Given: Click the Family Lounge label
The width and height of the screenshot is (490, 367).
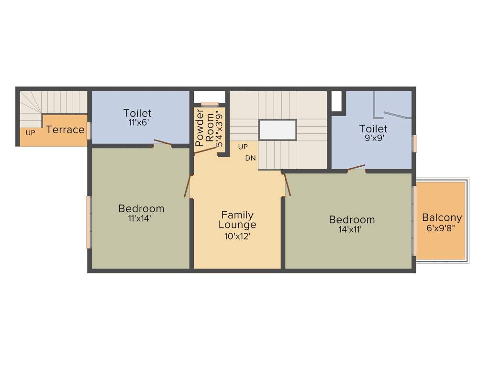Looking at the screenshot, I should [237, 220].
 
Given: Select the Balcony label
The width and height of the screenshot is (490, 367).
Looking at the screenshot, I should [442, 218].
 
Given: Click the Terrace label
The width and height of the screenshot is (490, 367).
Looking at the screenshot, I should [66, 130].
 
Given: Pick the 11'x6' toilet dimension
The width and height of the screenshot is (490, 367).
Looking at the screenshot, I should [137, 122].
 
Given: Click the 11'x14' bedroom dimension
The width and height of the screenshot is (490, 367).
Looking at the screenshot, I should [140, 218].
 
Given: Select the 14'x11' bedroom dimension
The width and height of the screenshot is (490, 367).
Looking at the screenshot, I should [352, 229].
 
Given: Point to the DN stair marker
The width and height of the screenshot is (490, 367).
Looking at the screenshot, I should [250, 158].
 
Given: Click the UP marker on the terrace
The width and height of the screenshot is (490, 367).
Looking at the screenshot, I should [30, 133].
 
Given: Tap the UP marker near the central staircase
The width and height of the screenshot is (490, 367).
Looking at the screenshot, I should [243, 147].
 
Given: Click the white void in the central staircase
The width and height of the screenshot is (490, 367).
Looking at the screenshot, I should [278, 130].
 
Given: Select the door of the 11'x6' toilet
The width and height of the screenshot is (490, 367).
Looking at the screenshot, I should [163, 142].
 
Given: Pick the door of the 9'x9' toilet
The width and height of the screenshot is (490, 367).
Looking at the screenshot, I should [356, 167].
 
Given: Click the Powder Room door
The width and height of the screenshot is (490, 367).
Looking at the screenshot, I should [206, 151].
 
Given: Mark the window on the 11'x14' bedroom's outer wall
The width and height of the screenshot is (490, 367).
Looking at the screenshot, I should [89, 222].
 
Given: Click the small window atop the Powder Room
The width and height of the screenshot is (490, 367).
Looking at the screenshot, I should [209, 104].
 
